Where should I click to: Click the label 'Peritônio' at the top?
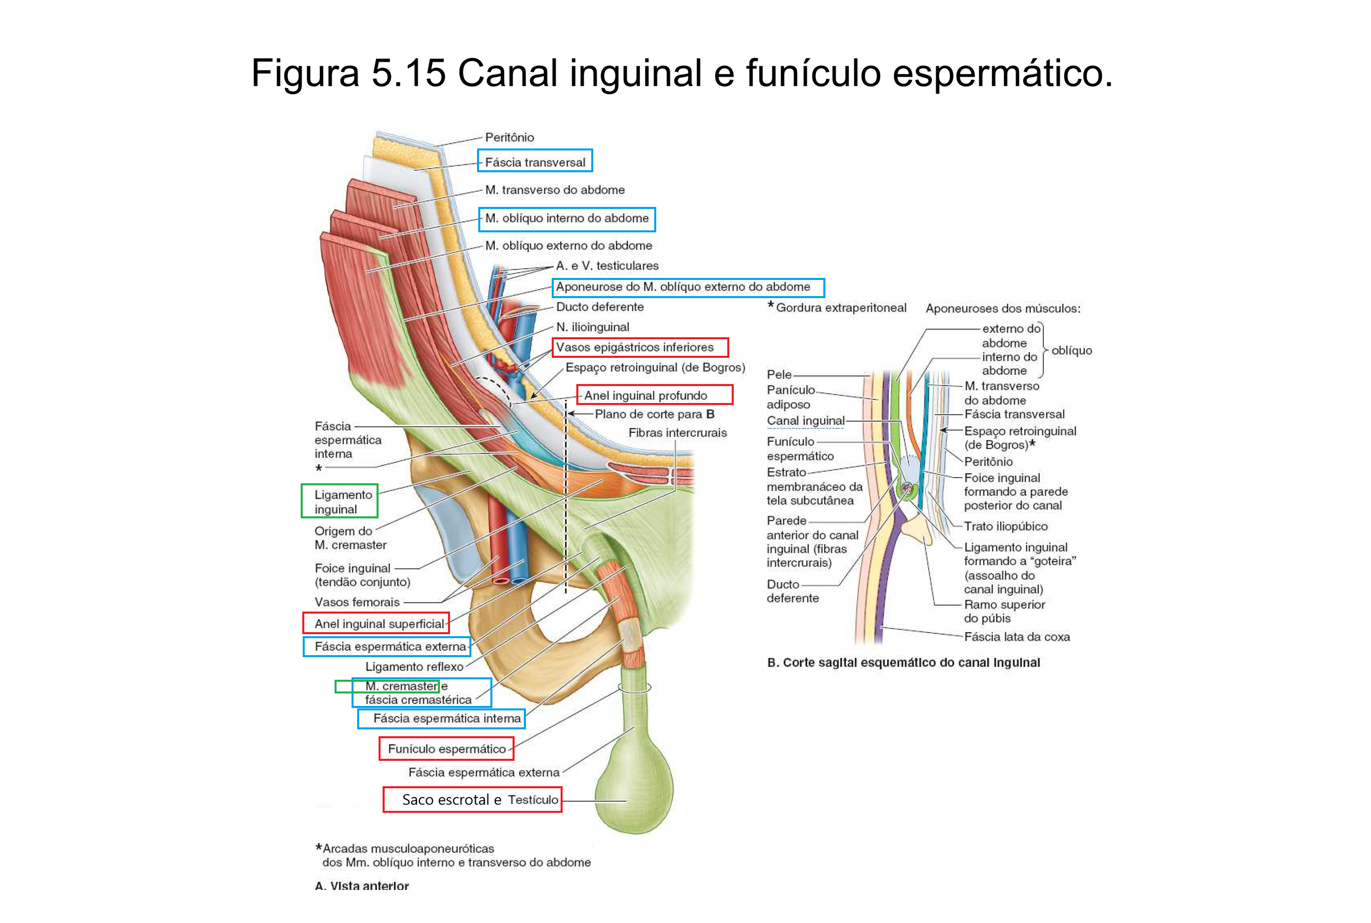coord(509,138)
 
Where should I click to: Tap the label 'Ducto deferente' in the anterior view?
coord(599,307)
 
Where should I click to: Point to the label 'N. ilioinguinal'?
coord(592,327)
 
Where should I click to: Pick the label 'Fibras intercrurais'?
coord(677,432)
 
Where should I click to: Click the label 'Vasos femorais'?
coord(357,602)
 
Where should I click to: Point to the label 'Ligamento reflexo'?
coord(414,667)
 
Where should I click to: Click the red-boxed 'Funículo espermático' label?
coord(446,749)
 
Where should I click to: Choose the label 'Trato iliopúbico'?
coord(1005,526)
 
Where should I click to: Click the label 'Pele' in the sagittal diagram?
coord(779,374)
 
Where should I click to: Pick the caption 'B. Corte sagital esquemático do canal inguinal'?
coord(903,663)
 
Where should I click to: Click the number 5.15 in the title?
coord(408,73)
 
